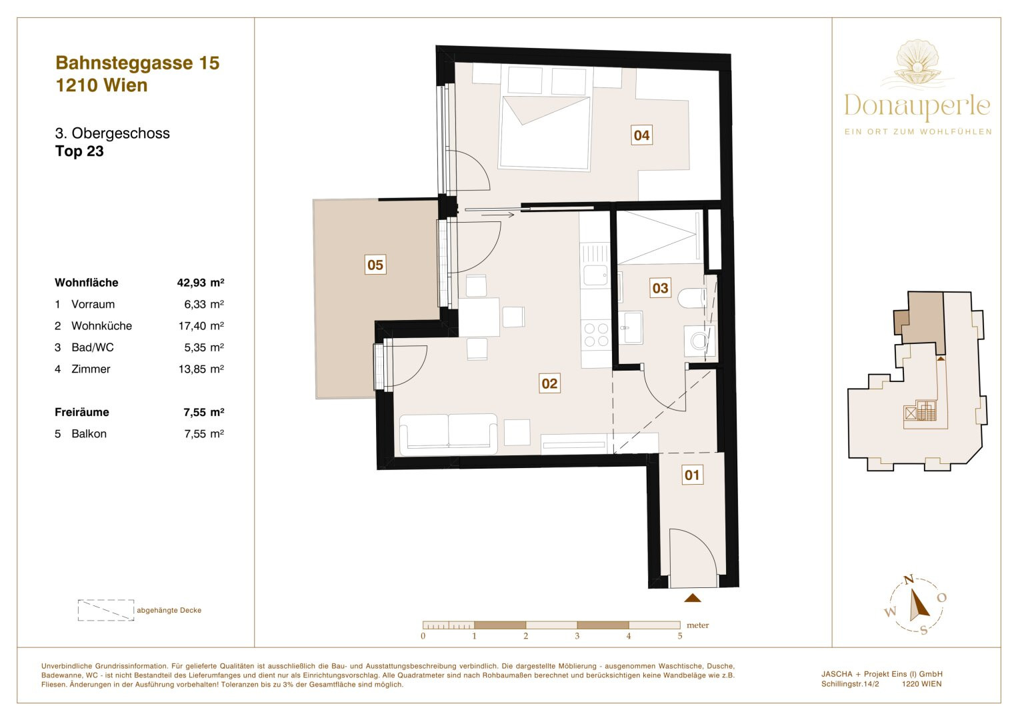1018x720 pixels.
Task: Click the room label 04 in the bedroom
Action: (642, 135)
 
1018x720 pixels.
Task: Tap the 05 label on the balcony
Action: (375, 265)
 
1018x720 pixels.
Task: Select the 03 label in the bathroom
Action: (660, 288)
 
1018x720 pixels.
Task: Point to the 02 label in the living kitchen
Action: (549, 383)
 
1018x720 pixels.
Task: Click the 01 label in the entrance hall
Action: (692, 475)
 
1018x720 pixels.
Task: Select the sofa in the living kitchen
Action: (448, 433)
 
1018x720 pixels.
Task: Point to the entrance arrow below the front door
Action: (693, 598)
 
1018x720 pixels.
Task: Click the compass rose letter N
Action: (909, 579)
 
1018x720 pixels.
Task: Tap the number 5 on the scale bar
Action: (680, 636)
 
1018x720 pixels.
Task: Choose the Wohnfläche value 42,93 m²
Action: (201, 283)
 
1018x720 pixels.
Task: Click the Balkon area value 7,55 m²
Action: (204, 433)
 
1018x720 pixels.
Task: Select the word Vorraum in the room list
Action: (93, 304)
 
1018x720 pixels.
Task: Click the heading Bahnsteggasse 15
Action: (137, 63)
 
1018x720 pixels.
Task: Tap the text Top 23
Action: (79, 151)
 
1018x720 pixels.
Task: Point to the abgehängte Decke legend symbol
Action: (106, 610)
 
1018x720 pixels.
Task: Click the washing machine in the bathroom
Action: (699, 341)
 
